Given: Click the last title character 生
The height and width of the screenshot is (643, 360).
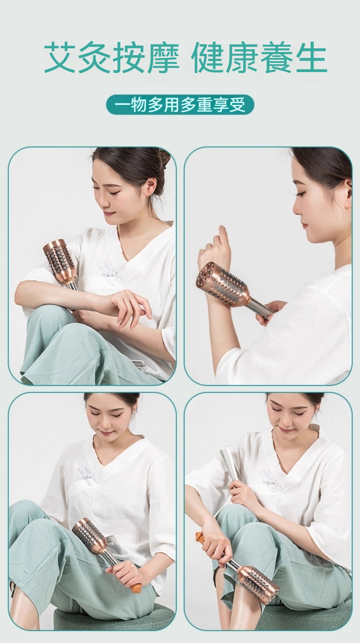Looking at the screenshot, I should click(311, 58).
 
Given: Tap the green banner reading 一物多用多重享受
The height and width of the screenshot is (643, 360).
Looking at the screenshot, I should click(180, 105).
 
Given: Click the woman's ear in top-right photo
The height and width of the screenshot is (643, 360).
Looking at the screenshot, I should click(347, 188).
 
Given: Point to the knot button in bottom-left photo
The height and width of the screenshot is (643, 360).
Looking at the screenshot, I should click(89, 474).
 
